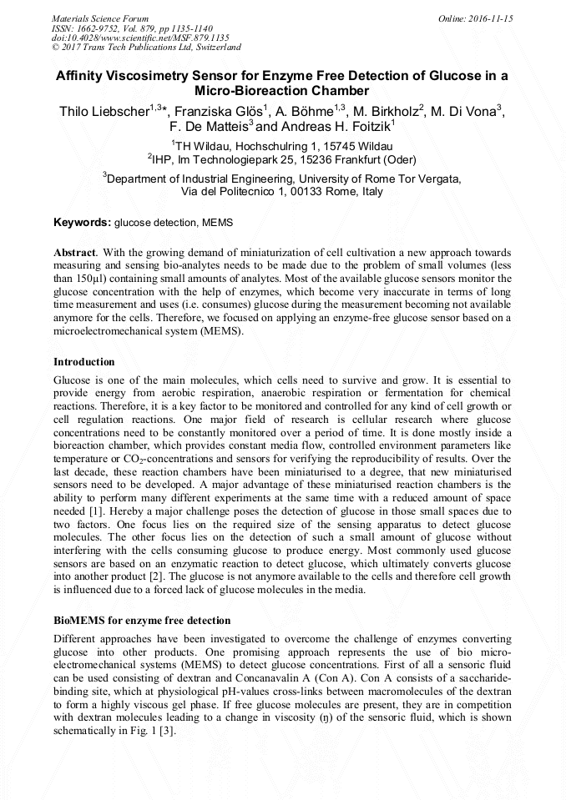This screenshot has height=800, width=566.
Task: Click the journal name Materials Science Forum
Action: point(100,18)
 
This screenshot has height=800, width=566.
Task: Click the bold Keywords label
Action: point(82,223)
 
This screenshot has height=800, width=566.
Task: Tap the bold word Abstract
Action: point(76,252)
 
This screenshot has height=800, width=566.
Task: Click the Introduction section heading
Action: point(84,362)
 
